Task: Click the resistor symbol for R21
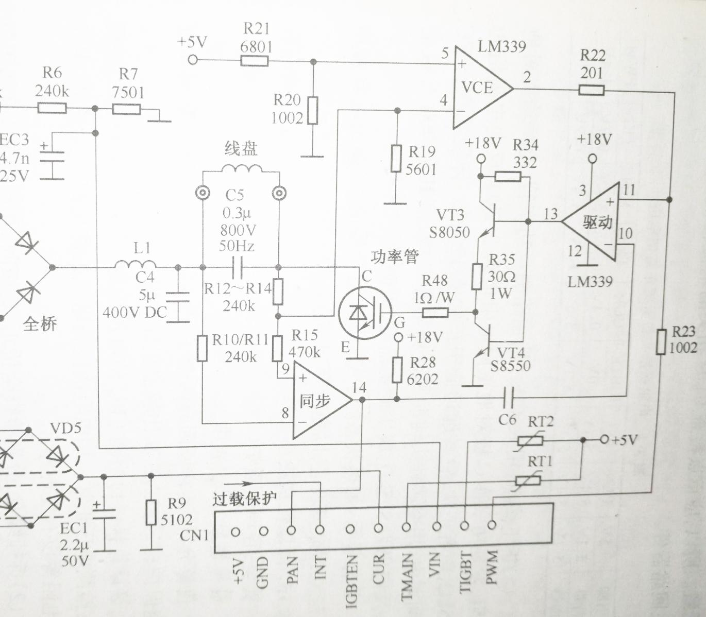click(x=254, y=61)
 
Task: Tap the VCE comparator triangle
click(x=480, y=89)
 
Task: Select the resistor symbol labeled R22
click(x=591, y=91)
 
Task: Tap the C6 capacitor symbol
click(x=508, y=397)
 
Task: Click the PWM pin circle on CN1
click(x=492, y=525)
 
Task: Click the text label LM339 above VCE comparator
click(x=501, y=47)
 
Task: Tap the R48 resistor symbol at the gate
click(x=435, y=312)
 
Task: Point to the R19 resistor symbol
click(x=396, y=159)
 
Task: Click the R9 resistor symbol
click(x=150, y=512)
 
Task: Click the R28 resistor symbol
click(x=397, y=370)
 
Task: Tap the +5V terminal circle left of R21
click(x=193, y=60)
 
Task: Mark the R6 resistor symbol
click(x=52, y=108)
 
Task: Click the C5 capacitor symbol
click(x=238, y=267)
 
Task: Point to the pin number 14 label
click(x=359, y=387)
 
